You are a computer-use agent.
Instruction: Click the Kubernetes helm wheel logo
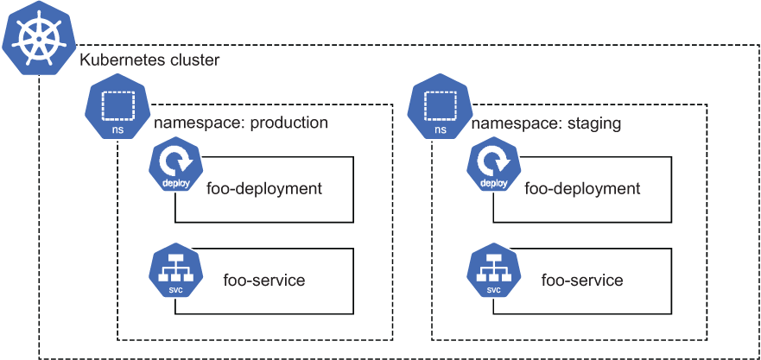click(40, 39)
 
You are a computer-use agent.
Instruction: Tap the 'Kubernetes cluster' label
click(149, 60)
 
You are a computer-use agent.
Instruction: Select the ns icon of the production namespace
click(117, 107)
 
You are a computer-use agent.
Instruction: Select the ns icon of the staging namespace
click(441, 107)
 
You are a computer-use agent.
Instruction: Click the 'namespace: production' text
click(241, 123)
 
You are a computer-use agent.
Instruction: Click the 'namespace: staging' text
click(546, 123)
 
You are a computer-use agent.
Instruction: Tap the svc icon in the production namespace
click(175, 273)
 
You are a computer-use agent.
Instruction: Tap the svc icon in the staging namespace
click(493, 273)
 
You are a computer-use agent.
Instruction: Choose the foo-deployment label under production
click(264, 188)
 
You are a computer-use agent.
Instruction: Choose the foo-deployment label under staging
click(582, 188)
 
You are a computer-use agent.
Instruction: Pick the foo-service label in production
click(264, 280)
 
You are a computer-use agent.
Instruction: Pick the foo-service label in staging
click(582, 280)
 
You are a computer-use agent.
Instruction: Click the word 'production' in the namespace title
click(289, 123)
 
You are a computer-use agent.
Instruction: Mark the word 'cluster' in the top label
click(194, 60)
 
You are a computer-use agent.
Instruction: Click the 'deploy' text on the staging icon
click(493, 184)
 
